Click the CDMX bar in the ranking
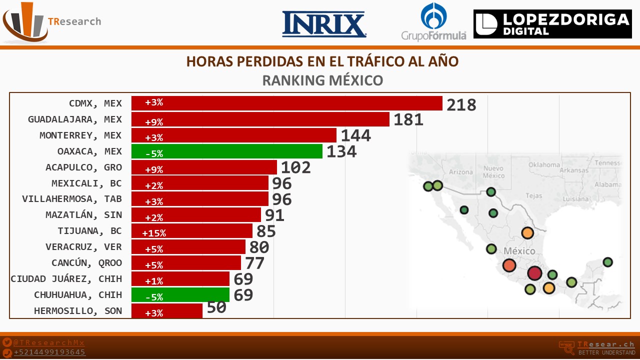[x=286, y=103]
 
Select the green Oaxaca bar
[x=226, y=151]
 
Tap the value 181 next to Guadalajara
[x=408, y=120]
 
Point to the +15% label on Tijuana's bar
[x=154, y=233]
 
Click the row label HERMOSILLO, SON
[x=78, y=310]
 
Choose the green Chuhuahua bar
[x=180, y=295]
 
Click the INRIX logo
[x=324, y=24]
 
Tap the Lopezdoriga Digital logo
[x=552, y=24]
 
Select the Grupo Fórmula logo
[x=433, y=22]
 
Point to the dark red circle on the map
[x=534, y=273]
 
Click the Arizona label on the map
[x=460, y=172]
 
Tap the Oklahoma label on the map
[x=544, y=164]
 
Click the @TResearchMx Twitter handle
[x=49, y=342]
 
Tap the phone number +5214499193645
[x=49, y=352]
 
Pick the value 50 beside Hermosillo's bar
[x=216, y=307]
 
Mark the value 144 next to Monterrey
[x=355, y=136]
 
